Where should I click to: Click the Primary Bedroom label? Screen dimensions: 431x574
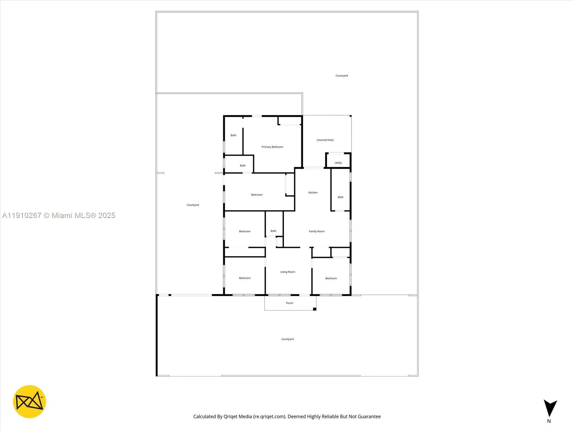[272, 147]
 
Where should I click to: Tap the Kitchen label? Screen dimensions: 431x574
[313, 193]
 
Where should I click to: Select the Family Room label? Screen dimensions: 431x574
[316, 231]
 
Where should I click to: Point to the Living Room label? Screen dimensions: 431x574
[288, 272]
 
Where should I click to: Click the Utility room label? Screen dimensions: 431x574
[338, 163]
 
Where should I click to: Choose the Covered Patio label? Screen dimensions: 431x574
[325, 140]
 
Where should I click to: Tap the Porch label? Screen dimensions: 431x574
[290, 303]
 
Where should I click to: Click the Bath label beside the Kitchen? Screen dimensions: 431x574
[340, 197]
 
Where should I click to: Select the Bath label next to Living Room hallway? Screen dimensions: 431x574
[273, 231]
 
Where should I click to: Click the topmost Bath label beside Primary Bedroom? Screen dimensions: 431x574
[233, 135]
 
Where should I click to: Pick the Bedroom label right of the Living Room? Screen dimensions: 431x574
[331, 278]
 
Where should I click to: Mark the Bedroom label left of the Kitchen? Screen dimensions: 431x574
[257, 195]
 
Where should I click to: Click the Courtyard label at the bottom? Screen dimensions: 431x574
[287, 339]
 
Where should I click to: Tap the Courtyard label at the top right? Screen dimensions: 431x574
[342, 76]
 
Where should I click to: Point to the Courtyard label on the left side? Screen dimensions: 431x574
[193, 205]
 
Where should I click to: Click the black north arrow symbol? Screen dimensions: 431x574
[550, 408]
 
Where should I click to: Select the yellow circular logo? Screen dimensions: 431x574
[29, 402]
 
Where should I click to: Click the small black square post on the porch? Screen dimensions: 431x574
[315, 309]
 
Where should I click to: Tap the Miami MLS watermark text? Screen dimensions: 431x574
[59, 215]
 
